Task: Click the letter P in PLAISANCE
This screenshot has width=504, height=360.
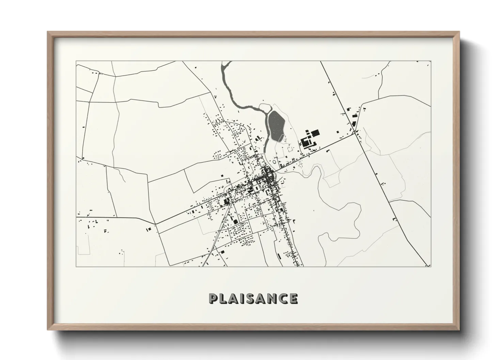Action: click(x=214, y=298)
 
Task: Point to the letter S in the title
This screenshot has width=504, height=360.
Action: click(x=252, y=298)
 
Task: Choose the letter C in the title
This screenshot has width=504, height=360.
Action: click(x=283, y=298)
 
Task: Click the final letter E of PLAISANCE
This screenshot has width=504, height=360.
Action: click(x=294, y=298)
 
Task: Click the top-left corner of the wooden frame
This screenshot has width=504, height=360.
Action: click(x=48, y=32)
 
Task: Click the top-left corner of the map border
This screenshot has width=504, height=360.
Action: click(x=76, y=61)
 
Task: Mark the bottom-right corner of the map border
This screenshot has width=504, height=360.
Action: click(x=431, y=266)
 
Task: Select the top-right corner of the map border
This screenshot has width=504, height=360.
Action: click(x=431, y=61)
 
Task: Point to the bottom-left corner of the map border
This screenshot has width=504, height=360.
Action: click(x=76, y=266)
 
